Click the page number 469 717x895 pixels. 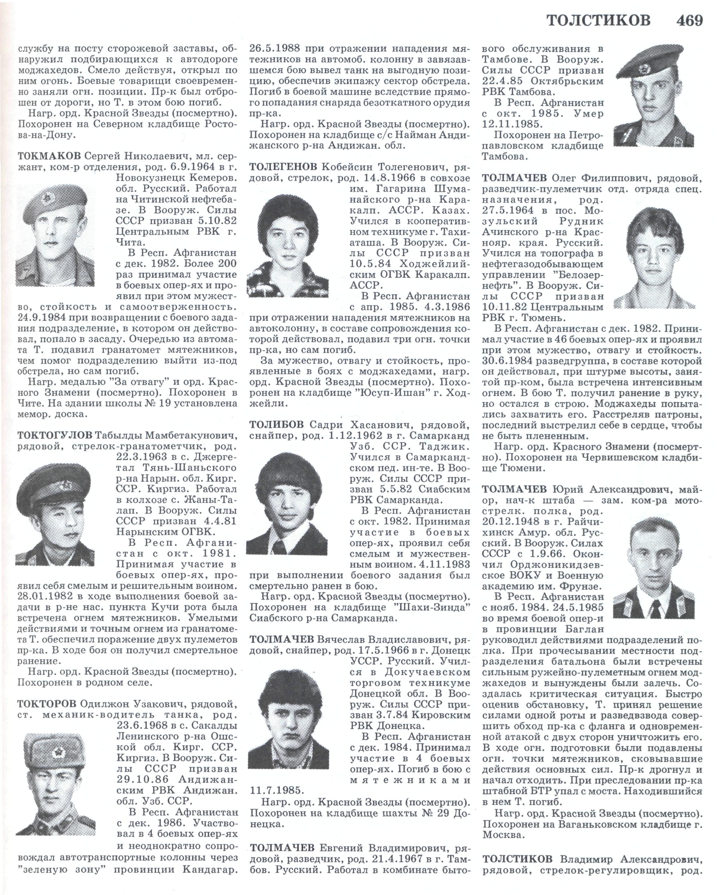[689, 20]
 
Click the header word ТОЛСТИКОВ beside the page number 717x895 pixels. [598, 20]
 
